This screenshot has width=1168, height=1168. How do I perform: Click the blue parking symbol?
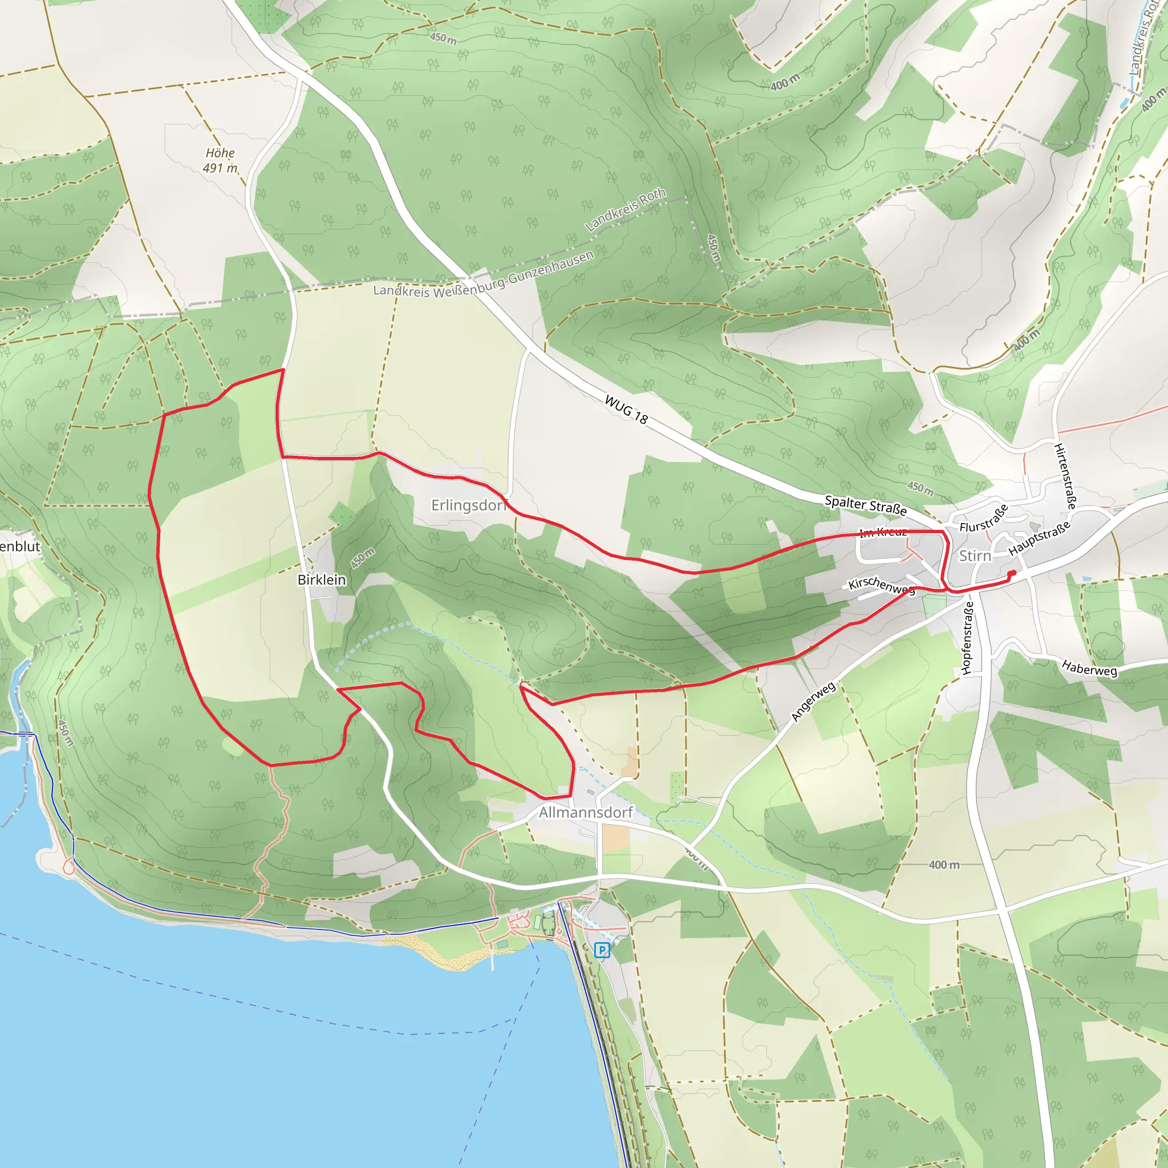click(602, 950)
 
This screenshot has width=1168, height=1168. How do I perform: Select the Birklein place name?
click(322, 580)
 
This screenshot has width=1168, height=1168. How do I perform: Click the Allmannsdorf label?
click(585, 812)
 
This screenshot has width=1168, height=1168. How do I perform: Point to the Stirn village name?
click(975, 555)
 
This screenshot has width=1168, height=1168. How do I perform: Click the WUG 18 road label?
click(626, 409)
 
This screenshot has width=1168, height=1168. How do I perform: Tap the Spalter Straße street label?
click(865, 505)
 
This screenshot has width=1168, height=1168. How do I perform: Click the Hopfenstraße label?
click(967, 638)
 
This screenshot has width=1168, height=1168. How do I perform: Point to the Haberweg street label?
click(1089, 668)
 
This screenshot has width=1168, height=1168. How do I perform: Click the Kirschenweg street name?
click(882, 585)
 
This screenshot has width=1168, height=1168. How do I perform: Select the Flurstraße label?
click(984, 518)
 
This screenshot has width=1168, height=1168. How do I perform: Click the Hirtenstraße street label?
click(1065, 476)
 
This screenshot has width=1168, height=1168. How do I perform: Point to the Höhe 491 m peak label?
click(220, 160)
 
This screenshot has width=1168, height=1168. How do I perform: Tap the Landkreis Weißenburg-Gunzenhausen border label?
click(483, 275)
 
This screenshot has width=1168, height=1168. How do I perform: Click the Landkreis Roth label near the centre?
click(626, 209)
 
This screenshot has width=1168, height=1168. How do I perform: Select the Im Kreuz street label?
click(883, 532)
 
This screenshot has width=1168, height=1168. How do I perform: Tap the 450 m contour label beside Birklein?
click(363, 557)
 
